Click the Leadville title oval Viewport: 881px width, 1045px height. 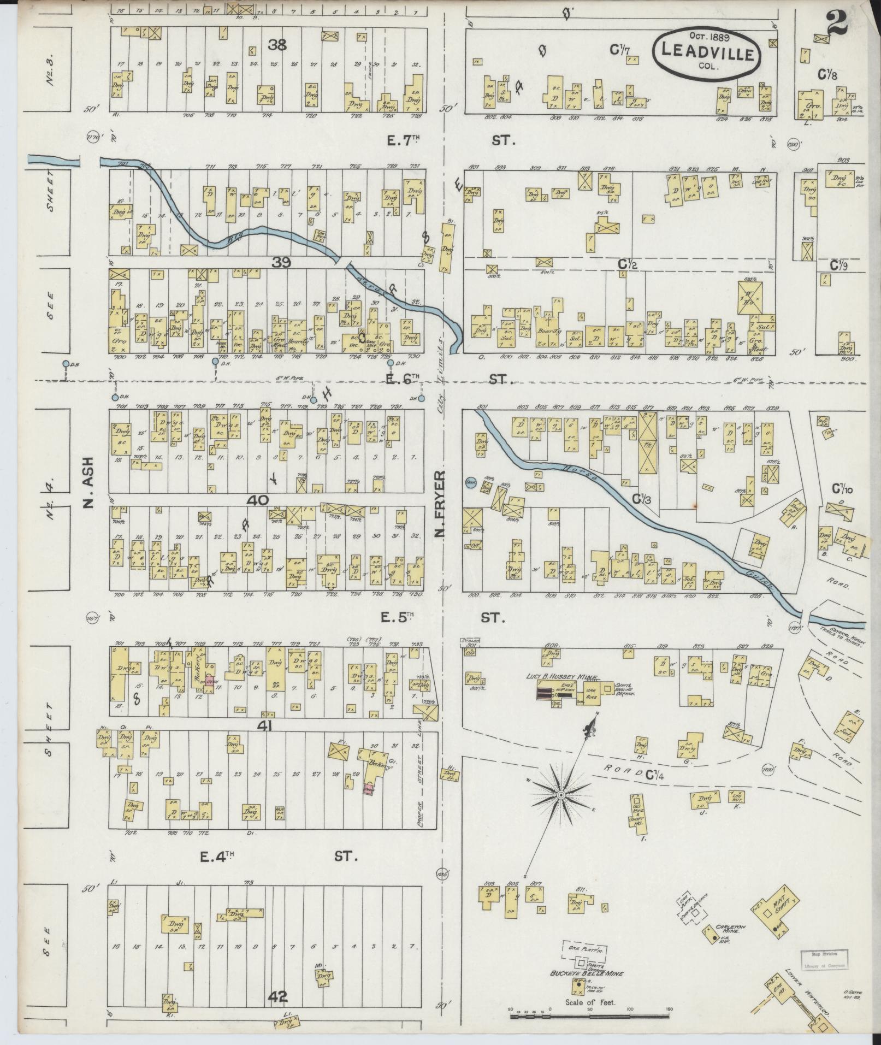[707, 52]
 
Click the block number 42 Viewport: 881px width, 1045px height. [277, 997]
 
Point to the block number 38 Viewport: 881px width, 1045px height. [277, 45]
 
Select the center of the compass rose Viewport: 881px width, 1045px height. [560, 794]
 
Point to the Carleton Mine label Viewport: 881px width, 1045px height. [730, 929]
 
